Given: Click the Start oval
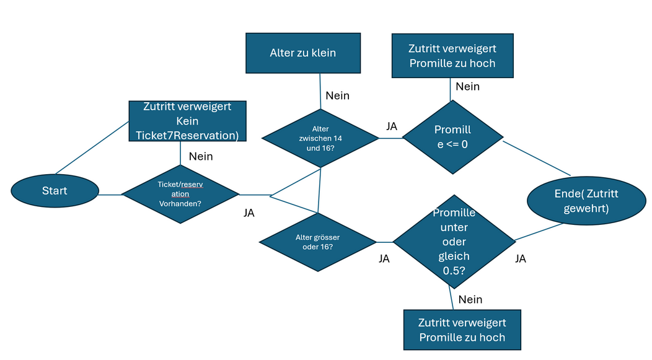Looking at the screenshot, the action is tap(55, 191).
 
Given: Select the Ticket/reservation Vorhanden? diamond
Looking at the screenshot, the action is tap(180, 194).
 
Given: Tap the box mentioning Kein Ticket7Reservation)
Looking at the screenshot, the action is tap(188, 121).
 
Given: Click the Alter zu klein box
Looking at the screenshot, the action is tap(303, 53).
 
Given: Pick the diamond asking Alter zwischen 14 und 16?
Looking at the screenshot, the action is tap(320, 138).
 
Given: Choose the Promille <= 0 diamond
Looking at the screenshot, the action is tap(453, 137).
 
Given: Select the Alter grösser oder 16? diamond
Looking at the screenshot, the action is tap(318, 242).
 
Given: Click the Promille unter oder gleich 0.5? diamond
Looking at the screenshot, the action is tap(454, 242).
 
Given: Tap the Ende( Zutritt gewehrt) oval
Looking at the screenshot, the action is tap(586, 201).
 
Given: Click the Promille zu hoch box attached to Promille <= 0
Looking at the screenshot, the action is tap(452, 56).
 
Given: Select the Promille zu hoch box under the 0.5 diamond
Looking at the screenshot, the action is tap(462, 330).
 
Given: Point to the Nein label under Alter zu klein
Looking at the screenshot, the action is tap(337, 95).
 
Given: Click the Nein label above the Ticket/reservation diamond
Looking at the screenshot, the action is tap(201, 156).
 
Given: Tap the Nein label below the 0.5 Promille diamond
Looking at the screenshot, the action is tap(470, 299).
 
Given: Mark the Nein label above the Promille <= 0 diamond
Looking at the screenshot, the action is tap(467, 87).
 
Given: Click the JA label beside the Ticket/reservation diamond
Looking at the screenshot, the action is tap(249, 213).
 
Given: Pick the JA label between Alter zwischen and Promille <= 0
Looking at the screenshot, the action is tap(392, 126).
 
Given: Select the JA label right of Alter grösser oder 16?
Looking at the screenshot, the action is tap(384, 258).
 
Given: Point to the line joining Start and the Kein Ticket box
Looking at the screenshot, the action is tap(92, 147).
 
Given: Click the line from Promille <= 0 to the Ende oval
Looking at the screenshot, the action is tap(537, 159).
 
